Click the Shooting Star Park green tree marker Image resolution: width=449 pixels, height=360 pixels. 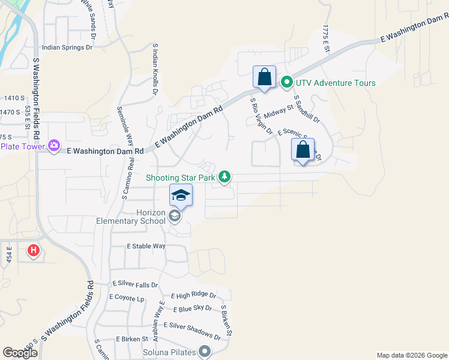point(224,176)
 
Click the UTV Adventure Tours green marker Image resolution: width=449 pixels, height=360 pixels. point(287,83)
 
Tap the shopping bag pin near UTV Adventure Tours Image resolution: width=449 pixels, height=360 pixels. point(264,77)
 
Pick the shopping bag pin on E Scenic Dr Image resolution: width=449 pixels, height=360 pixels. point(303,150)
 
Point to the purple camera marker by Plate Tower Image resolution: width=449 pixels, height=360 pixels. point(55,145)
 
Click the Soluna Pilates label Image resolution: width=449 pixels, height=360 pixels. point(169,352)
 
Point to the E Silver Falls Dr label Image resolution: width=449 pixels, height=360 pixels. point(135,285)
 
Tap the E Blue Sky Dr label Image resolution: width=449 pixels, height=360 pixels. point(192,309)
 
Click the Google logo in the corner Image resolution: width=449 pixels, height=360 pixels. point(20,353)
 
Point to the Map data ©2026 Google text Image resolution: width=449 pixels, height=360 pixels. point(412,355)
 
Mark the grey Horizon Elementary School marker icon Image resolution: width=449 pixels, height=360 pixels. point(175,216)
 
